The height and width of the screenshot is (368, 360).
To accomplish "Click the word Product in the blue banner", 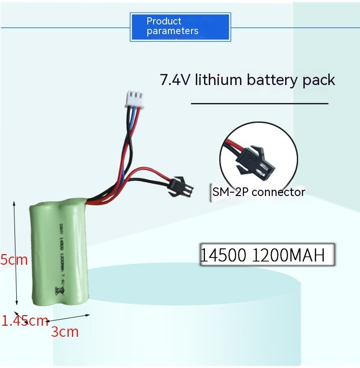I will [x=164, y=21].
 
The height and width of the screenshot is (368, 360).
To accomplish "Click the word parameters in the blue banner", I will [x=172, y=31].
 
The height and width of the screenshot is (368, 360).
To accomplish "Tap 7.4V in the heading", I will [x=176, y=79].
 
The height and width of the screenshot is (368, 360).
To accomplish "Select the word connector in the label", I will [x=278, y=192].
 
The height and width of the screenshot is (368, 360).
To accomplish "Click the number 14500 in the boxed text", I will [x=224, y=255].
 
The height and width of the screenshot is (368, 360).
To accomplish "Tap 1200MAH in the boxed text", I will [x=288, y=255].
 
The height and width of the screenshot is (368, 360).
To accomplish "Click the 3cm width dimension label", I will [x=65, y=331].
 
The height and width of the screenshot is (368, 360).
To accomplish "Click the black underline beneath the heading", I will [x=259, y=103].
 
